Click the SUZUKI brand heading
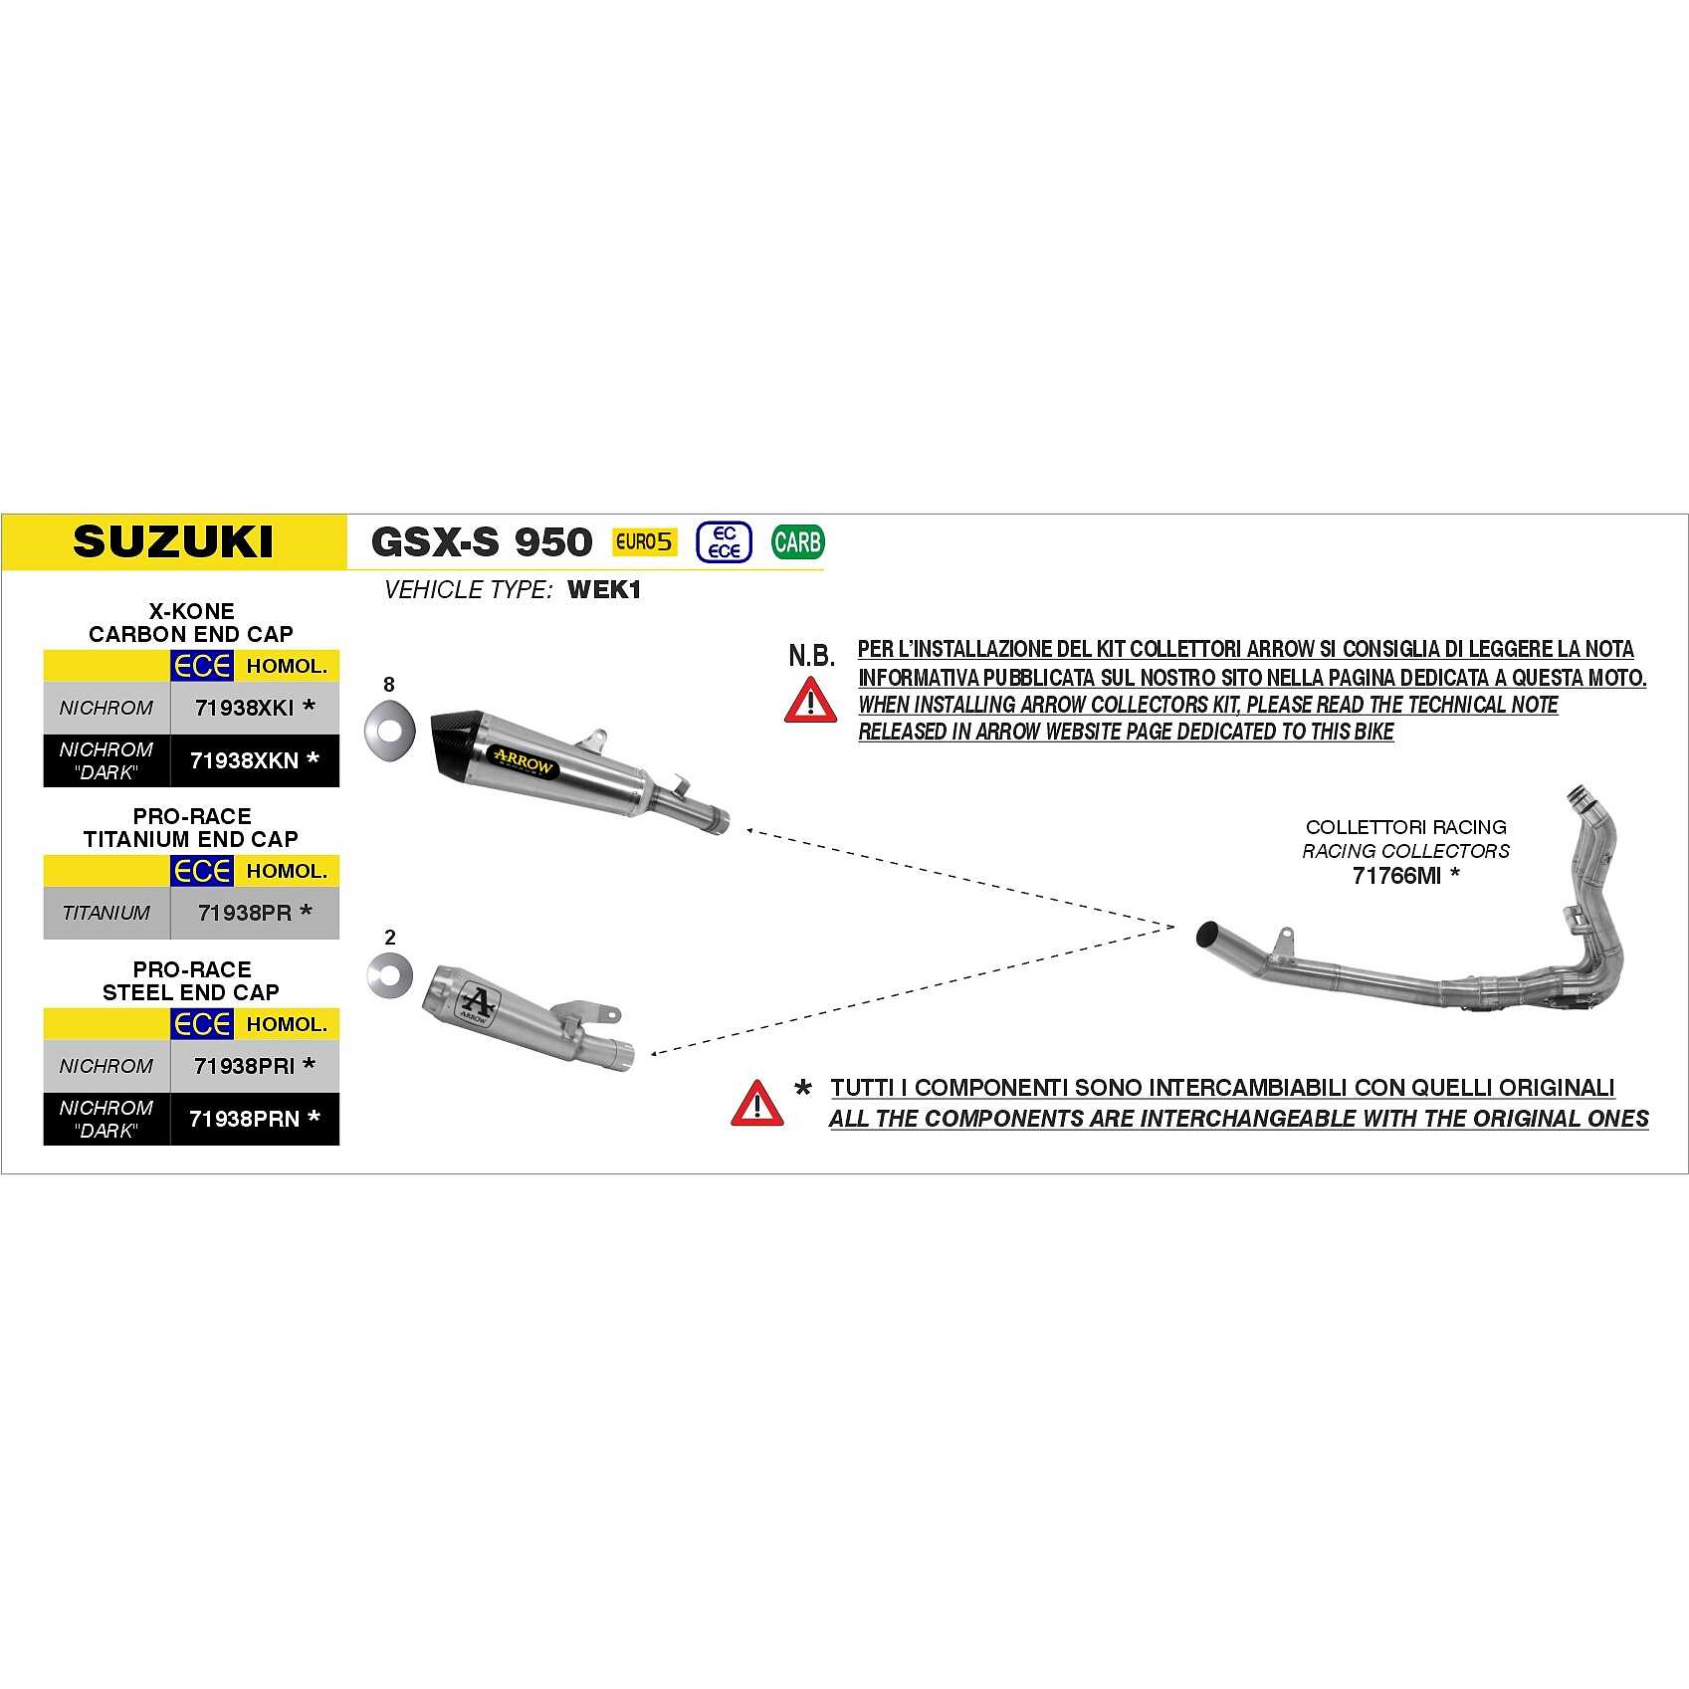(x=173, y=541)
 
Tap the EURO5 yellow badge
(x=644, y=541)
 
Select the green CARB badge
(x=797, y=542)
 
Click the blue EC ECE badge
(x=724, y=542)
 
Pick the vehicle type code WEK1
(x=604, y=590)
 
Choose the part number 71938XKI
(x=245, y=708)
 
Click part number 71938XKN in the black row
(x=245, y=760)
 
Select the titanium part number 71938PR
(x=245, y=913)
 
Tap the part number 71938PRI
(x=245, y=1066)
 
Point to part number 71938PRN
(x=245, y=1119)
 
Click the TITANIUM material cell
(x=106, y=913)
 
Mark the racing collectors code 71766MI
(x=1396, y=876)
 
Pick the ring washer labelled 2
(x=389, y=976)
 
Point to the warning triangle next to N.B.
(x=810, y=701)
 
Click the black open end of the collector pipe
(x=1209, y=936)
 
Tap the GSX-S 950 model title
(x=481, y=542)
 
